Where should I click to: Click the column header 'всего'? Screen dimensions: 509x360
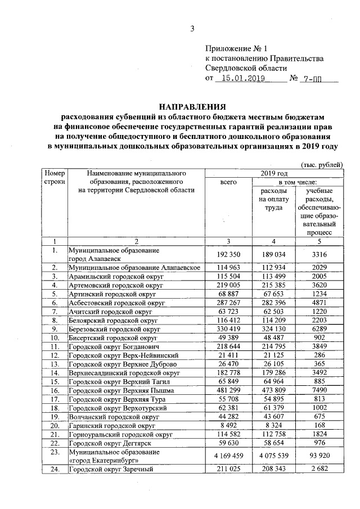228,183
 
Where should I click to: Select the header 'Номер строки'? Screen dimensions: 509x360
55,178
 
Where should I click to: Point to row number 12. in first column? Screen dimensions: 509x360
55,356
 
